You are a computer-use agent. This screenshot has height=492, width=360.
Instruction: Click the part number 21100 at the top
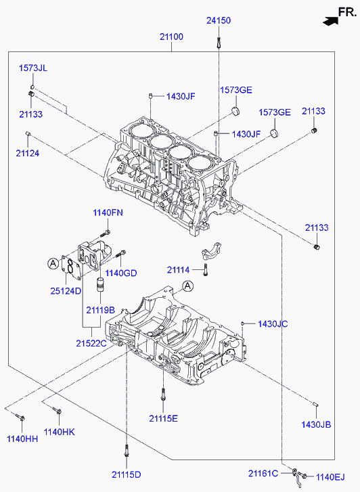pos(171,37)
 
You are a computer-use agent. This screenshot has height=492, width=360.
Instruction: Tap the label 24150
pos(219,20)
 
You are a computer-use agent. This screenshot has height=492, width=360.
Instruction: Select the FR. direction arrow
pos(330,21)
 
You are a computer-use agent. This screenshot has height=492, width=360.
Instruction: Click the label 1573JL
pos(33,68)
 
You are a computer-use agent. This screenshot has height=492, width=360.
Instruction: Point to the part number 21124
pos(28,153)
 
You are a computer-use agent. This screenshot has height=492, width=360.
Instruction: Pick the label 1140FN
pos(108,213)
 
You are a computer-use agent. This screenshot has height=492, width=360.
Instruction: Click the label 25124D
pos(66,291)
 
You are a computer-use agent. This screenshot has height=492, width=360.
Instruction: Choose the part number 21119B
pos(100,310)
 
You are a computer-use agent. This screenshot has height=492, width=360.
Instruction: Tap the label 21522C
pos(91,343)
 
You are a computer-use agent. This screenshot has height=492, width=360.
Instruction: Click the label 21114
pos(178,270)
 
